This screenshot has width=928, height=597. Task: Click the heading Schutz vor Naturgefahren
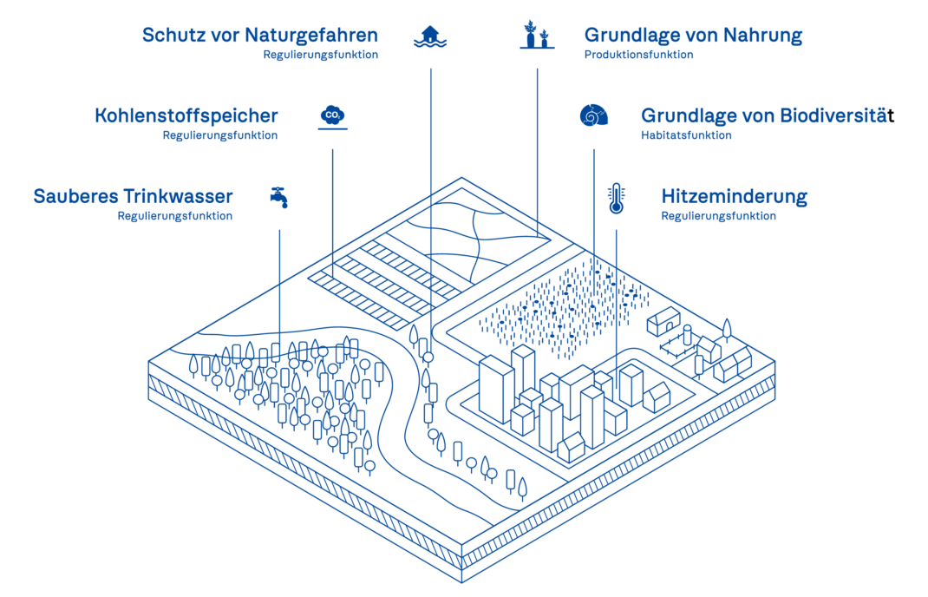click(260, 36)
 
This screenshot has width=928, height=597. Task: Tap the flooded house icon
click(430, 36)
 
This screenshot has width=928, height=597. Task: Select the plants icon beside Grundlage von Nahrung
click(538, 35)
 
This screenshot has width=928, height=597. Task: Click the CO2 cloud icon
click(333, 116)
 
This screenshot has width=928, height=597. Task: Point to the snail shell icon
click(593, 115)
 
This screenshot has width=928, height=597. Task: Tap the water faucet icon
click(279, 197)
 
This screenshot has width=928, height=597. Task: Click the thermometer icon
click(616, 199)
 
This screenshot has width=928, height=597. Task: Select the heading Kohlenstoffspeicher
click(186, 115)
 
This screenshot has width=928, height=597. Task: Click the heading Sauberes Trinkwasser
click(134, 196)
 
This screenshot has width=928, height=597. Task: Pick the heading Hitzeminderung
click(734, 197)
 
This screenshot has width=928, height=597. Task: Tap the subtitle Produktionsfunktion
click(638, 55)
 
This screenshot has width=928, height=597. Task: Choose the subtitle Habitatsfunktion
click(686, 135)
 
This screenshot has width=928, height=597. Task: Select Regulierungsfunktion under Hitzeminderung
click(718, 215)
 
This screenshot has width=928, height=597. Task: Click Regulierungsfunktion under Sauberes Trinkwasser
click(175, 215)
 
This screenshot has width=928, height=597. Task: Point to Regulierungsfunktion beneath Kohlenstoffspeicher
click(220, 135)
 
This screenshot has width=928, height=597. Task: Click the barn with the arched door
click(663, 322)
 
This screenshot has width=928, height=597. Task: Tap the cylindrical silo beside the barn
click(687, 335)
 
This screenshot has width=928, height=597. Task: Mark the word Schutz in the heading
click(171, 36)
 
